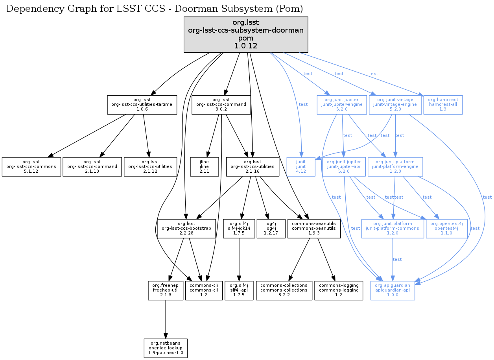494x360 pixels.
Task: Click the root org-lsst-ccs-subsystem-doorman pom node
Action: point(246,35)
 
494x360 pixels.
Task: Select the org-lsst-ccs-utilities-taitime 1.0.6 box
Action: point(142,105)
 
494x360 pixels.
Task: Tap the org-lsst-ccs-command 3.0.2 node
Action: point(221,105)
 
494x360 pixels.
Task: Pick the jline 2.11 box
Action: point(204,167)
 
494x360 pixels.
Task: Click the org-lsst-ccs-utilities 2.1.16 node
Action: point(253,167)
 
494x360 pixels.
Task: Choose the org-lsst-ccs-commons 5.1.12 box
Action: point(31,167)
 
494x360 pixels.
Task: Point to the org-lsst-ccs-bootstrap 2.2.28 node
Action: point(187,229)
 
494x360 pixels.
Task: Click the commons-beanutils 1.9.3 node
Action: point(314,229)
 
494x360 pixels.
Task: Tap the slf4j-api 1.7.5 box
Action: point(239,290)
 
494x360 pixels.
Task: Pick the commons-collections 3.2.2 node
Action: point(284,290)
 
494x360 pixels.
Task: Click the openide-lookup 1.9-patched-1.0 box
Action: point(166,348)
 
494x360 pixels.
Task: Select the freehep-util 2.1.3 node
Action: point(166,290)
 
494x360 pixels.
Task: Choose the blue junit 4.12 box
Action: point(301,167)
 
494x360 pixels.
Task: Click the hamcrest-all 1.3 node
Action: point(443,105)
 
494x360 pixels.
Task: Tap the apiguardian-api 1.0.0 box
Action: point(393,290)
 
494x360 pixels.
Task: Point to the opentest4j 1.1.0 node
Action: point(446,229)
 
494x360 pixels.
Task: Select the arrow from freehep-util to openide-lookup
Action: point(166,319)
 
